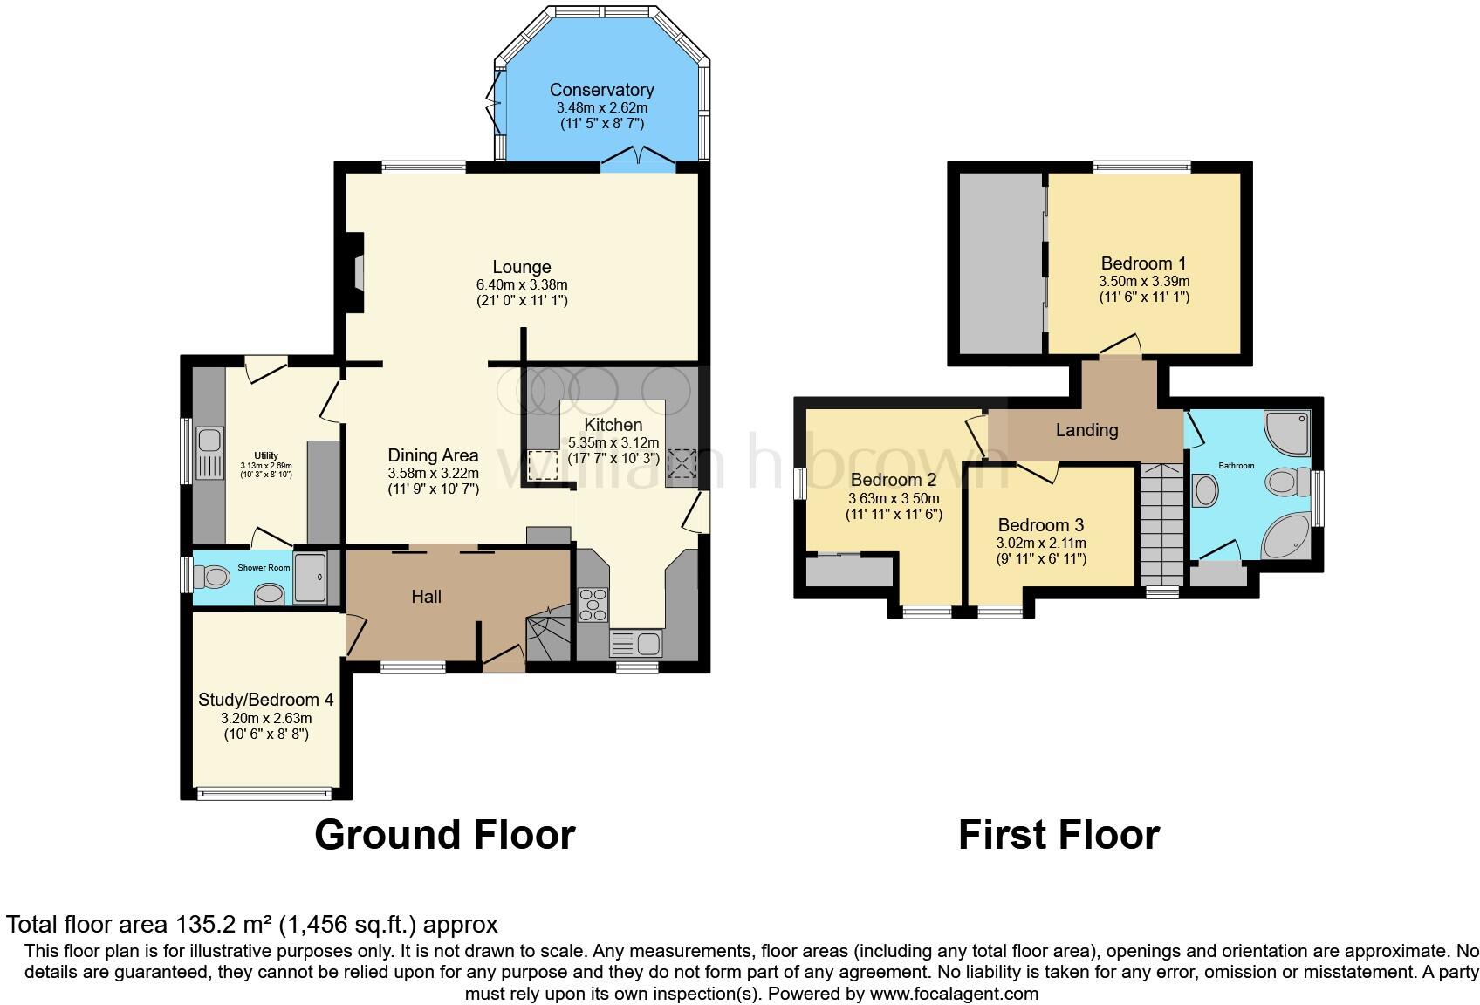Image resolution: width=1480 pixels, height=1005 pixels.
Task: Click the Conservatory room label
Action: coord(601,90)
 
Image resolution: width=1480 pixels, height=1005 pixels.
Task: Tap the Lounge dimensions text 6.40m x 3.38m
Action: coord(521,284)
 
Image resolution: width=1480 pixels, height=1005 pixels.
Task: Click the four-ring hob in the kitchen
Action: coord(594,605)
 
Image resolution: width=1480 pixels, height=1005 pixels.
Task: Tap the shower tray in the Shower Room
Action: coord(311,576)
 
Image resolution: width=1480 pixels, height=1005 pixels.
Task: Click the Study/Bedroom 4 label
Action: coord(265,700)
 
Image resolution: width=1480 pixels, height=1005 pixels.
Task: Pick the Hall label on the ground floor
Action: coord(426,597)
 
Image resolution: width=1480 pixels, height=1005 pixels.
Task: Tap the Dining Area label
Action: coord(433,455)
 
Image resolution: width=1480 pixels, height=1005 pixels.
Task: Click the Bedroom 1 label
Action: coord(1143,263)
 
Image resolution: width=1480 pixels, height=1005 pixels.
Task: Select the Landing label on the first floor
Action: coord(1086,430)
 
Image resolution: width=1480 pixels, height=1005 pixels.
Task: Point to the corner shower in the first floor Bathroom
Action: coord(1288,434)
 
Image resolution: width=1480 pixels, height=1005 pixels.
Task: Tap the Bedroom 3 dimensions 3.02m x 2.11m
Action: coord(1041,543)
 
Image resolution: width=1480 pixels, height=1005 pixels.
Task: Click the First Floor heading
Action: coord(1059,835)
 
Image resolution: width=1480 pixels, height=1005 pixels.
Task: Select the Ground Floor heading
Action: coord(444,835)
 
